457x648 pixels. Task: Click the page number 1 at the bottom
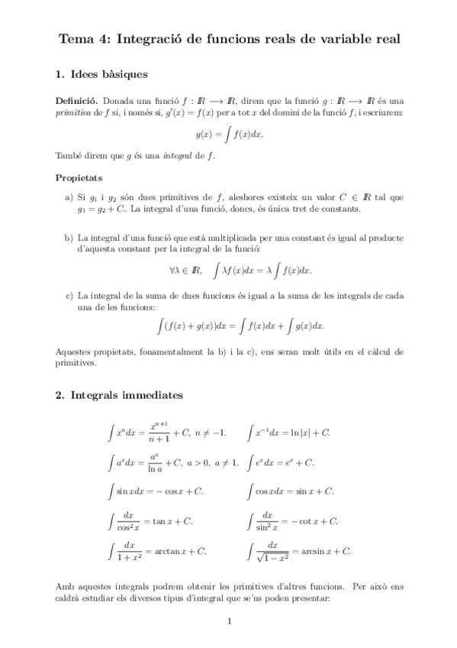click(x=229, y=620)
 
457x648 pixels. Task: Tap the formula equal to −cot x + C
click(x=293, y=521)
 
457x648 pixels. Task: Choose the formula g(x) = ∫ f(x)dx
click(x=228, y=134)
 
